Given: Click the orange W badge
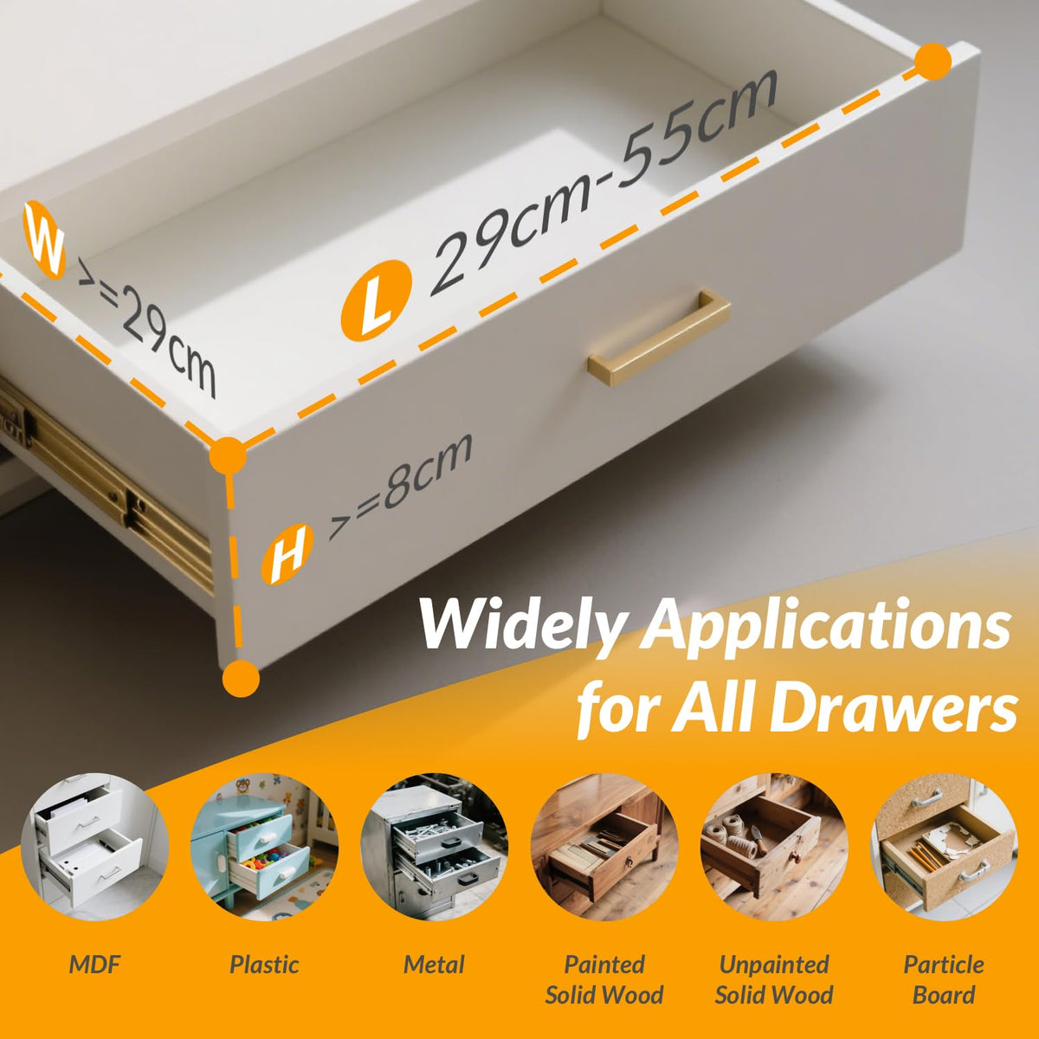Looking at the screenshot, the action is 44,240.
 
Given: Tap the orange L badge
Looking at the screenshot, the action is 377,300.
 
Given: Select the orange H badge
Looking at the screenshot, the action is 287,554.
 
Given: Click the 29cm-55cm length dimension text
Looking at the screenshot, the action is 603,184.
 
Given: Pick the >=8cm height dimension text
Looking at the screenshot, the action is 400,486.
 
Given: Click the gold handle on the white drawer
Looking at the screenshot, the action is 659,338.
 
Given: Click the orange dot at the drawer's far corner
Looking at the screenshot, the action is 933,61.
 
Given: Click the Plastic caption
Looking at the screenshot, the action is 264,965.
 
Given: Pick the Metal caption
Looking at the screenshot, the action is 434,965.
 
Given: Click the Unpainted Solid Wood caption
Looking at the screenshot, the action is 774,979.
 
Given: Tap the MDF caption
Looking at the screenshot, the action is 95,965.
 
